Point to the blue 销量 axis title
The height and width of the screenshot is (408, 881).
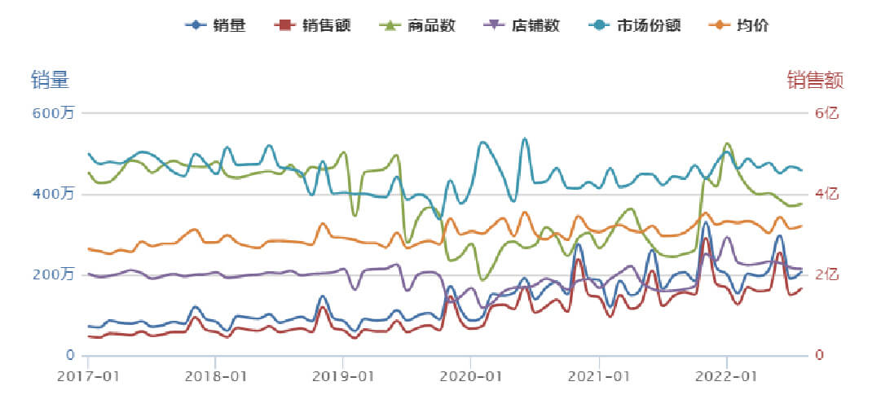pos(50,80)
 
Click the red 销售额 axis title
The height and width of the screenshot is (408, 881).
pos(814,80)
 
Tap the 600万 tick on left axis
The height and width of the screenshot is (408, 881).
pos(53,113)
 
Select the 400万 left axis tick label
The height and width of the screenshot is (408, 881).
pos(53,194)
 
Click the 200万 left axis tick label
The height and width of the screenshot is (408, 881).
pos(53,274)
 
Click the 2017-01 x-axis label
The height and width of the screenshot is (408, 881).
pos(89,377)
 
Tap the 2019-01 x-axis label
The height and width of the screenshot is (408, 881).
pos(343,377)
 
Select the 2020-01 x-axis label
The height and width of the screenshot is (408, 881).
pos(471,377)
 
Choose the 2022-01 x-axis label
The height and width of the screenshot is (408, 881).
pos(726,377)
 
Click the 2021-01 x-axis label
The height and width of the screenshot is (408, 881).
pos(599,377)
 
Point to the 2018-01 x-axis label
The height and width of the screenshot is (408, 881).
pos(216,377)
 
